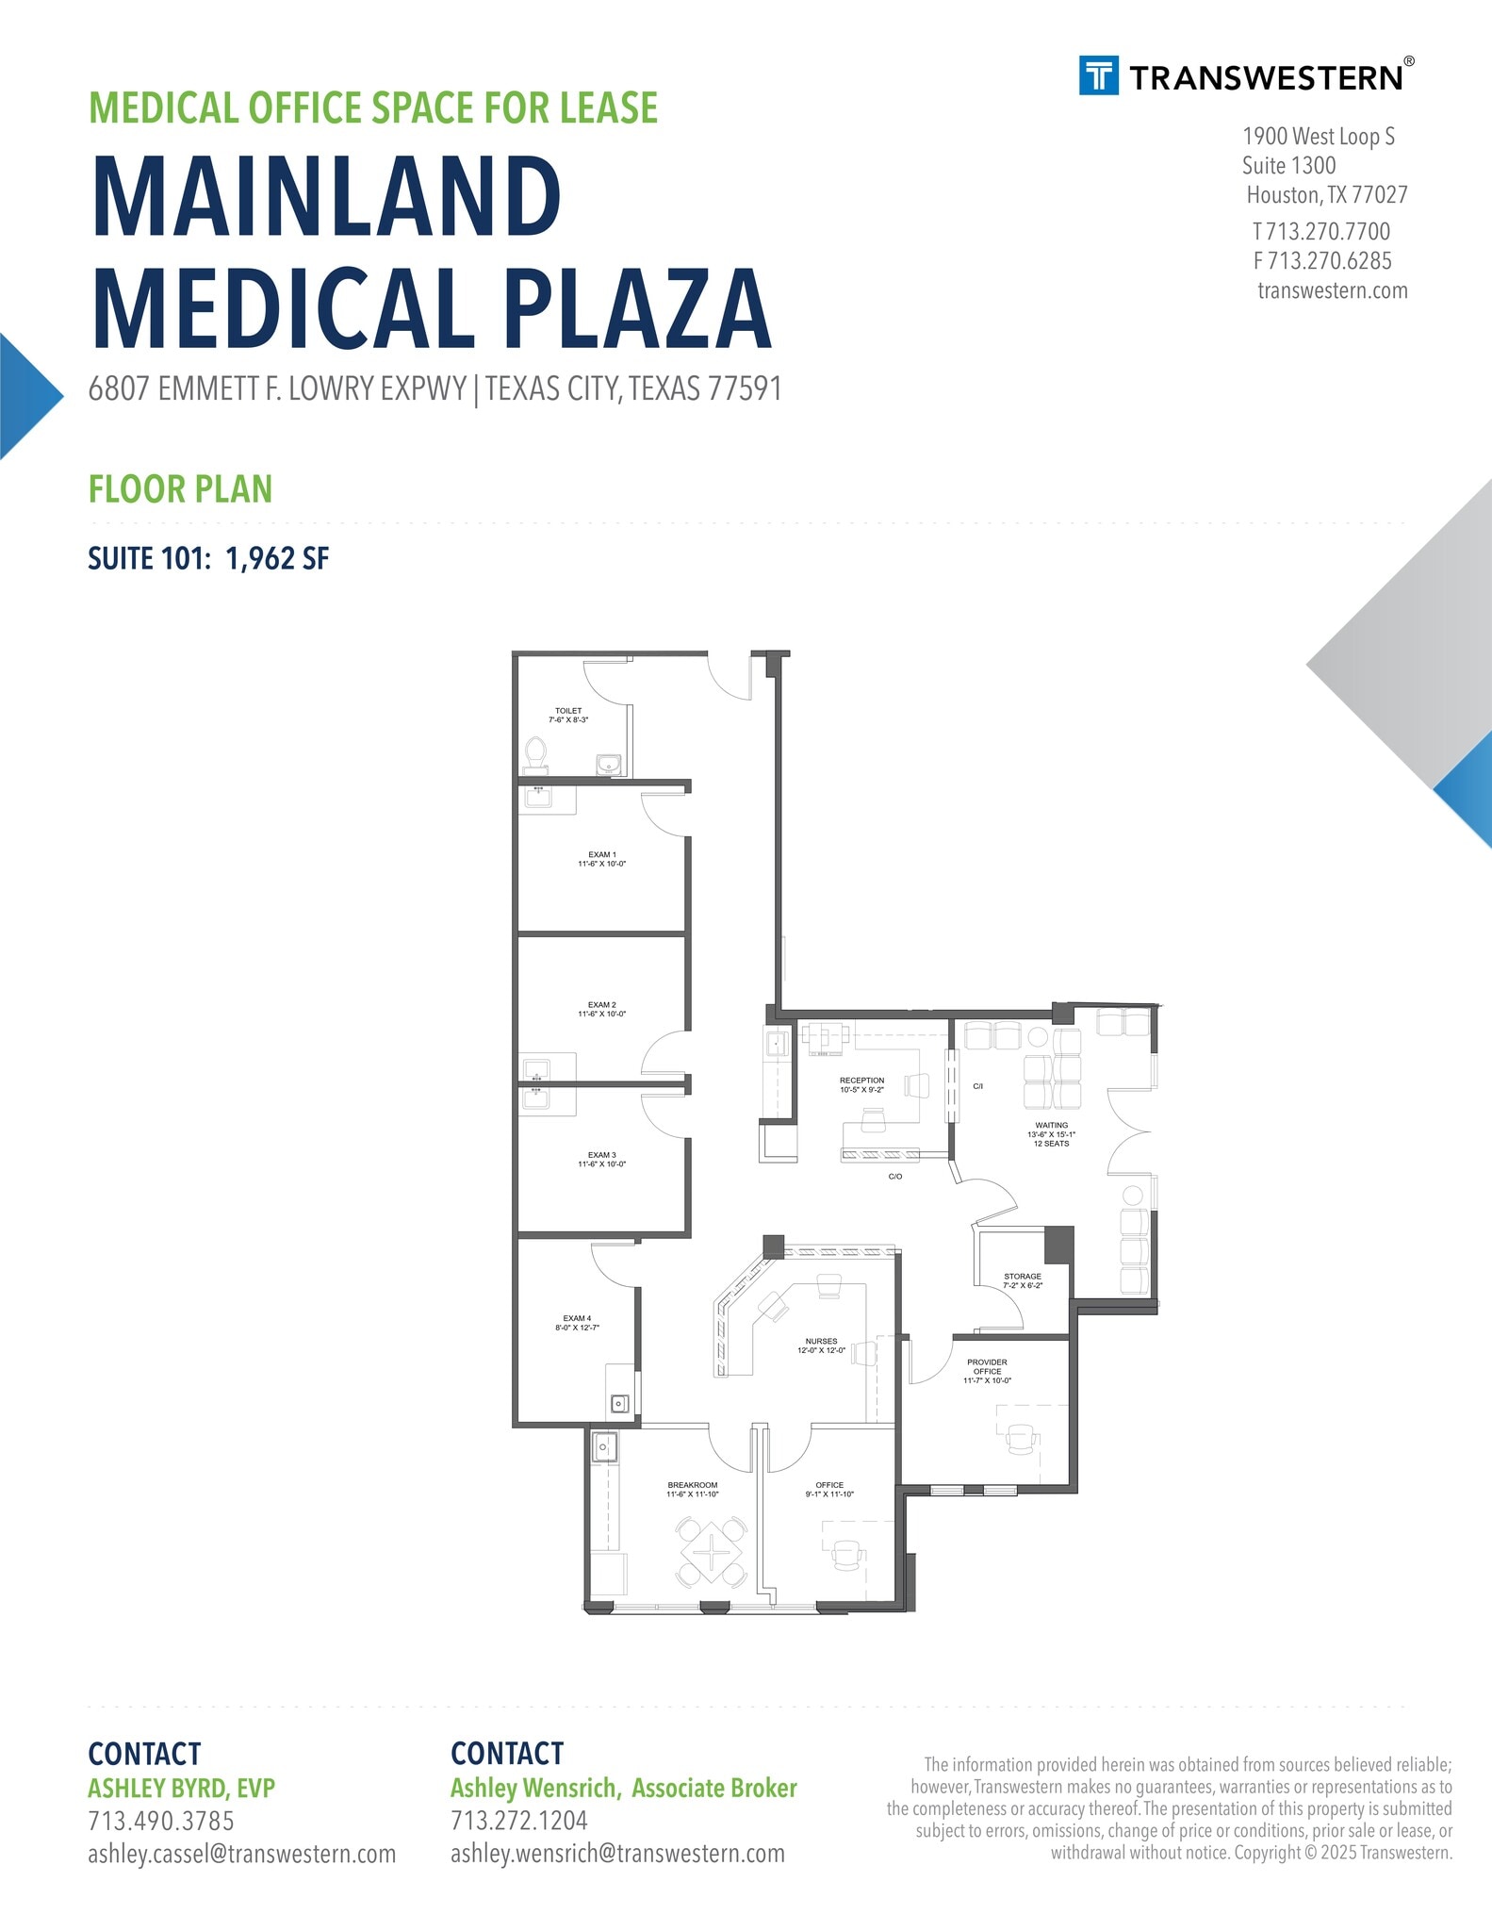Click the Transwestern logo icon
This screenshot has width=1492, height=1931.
click(1099, 75)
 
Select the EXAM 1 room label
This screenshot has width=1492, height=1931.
click(602, 859)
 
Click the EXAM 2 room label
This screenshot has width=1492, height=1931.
click(602, 1010)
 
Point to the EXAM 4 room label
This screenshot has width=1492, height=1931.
click(577, 1323)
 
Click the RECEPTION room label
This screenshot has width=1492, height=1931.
click(862, 1085)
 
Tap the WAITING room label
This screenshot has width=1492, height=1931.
click(1052, 1134)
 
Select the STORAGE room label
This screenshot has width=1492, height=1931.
click(1023, 1280)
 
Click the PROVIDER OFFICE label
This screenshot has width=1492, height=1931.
click(987, 1371)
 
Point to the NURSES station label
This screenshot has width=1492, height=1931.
click(821, 1345)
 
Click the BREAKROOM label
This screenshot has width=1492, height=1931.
click(693, 1490)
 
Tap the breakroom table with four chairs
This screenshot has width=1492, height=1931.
click(712, 1551)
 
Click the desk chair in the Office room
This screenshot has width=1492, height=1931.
click(847, 1555)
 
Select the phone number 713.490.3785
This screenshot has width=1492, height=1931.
click(161, 1821)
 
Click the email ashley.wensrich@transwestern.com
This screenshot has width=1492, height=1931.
click(617, 1854)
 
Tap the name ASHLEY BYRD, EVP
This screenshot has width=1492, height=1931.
click(181, 1789)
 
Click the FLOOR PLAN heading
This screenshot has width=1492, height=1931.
click(180, 488)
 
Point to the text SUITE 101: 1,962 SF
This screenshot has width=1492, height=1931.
click(208, 558)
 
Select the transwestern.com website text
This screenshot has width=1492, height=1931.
click(1333, 290)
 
